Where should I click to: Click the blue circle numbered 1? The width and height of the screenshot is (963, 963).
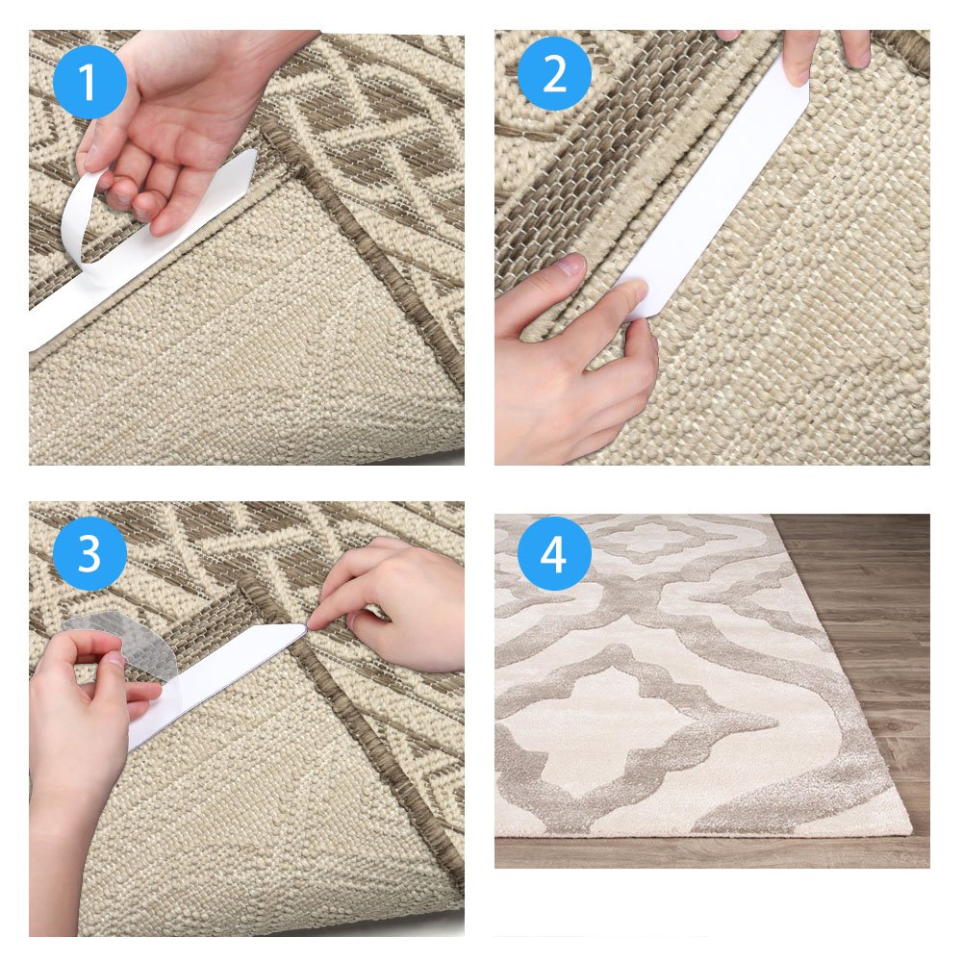point(89,82)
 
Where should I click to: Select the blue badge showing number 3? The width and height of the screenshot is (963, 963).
point(89,554)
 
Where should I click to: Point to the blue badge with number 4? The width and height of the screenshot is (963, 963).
point(553,554)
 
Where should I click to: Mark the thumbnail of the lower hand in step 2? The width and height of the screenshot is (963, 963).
point(570,266)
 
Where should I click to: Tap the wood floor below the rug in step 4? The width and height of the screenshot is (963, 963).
point(712,851)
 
